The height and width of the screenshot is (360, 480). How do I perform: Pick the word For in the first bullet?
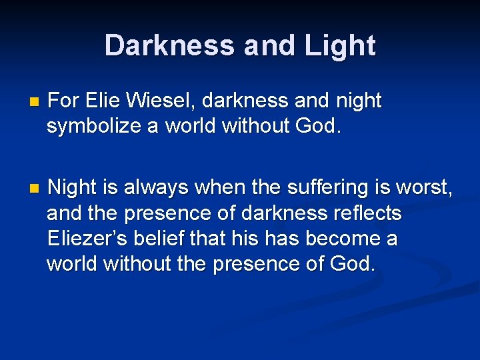click(64, 101)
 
